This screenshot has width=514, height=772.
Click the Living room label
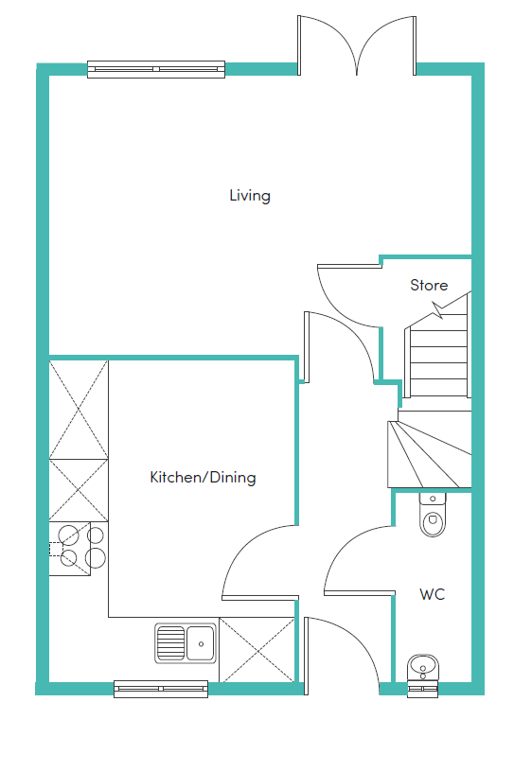click(250, 196)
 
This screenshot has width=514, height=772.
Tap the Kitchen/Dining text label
click(203, 478)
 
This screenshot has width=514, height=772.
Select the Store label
click(429, 285)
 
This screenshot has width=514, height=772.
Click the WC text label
click(433, 595)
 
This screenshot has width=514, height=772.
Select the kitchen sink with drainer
click(186, 643)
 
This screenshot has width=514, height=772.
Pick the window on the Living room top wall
click(156, 68)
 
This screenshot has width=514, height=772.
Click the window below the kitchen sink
click(160, 689)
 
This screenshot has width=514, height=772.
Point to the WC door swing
click(358, 560)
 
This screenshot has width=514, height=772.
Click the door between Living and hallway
click(336, 345)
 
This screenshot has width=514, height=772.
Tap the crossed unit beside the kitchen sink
click(257, 649)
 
